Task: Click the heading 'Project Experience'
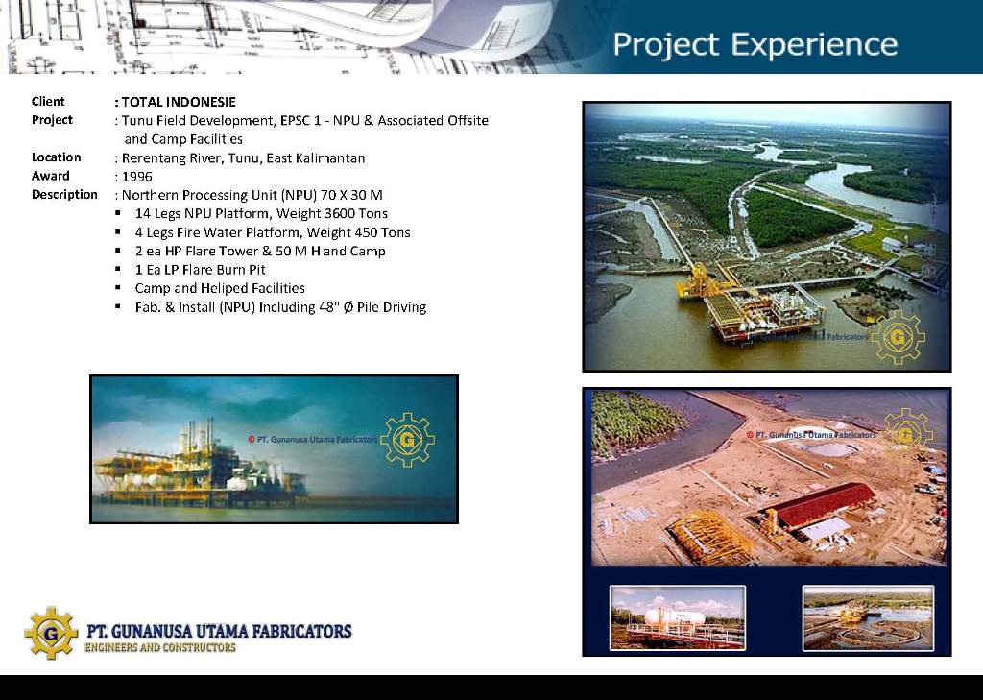point(755,45)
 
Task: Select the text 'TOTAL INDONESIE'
point(179,102)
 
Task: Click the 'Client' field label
point(48,102)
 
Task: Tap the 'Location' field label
point(57,157)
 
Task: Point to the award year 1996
point(136,177)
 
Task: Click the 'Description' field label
point(64,194)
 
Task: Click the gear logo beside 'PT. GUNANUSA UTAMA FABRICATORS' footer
point(51,633)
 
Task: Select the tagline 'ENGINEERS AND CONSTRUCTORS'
point(160,648)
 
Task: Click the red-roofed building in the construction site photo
point(820,506)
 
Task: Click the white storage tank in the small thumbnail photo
point(674,617)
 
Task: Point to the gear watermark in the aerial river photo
point(898,337)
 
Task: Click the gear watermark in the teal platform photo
point(407,440)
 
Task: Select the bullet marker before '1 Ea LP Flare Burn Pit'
point(118,269)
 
